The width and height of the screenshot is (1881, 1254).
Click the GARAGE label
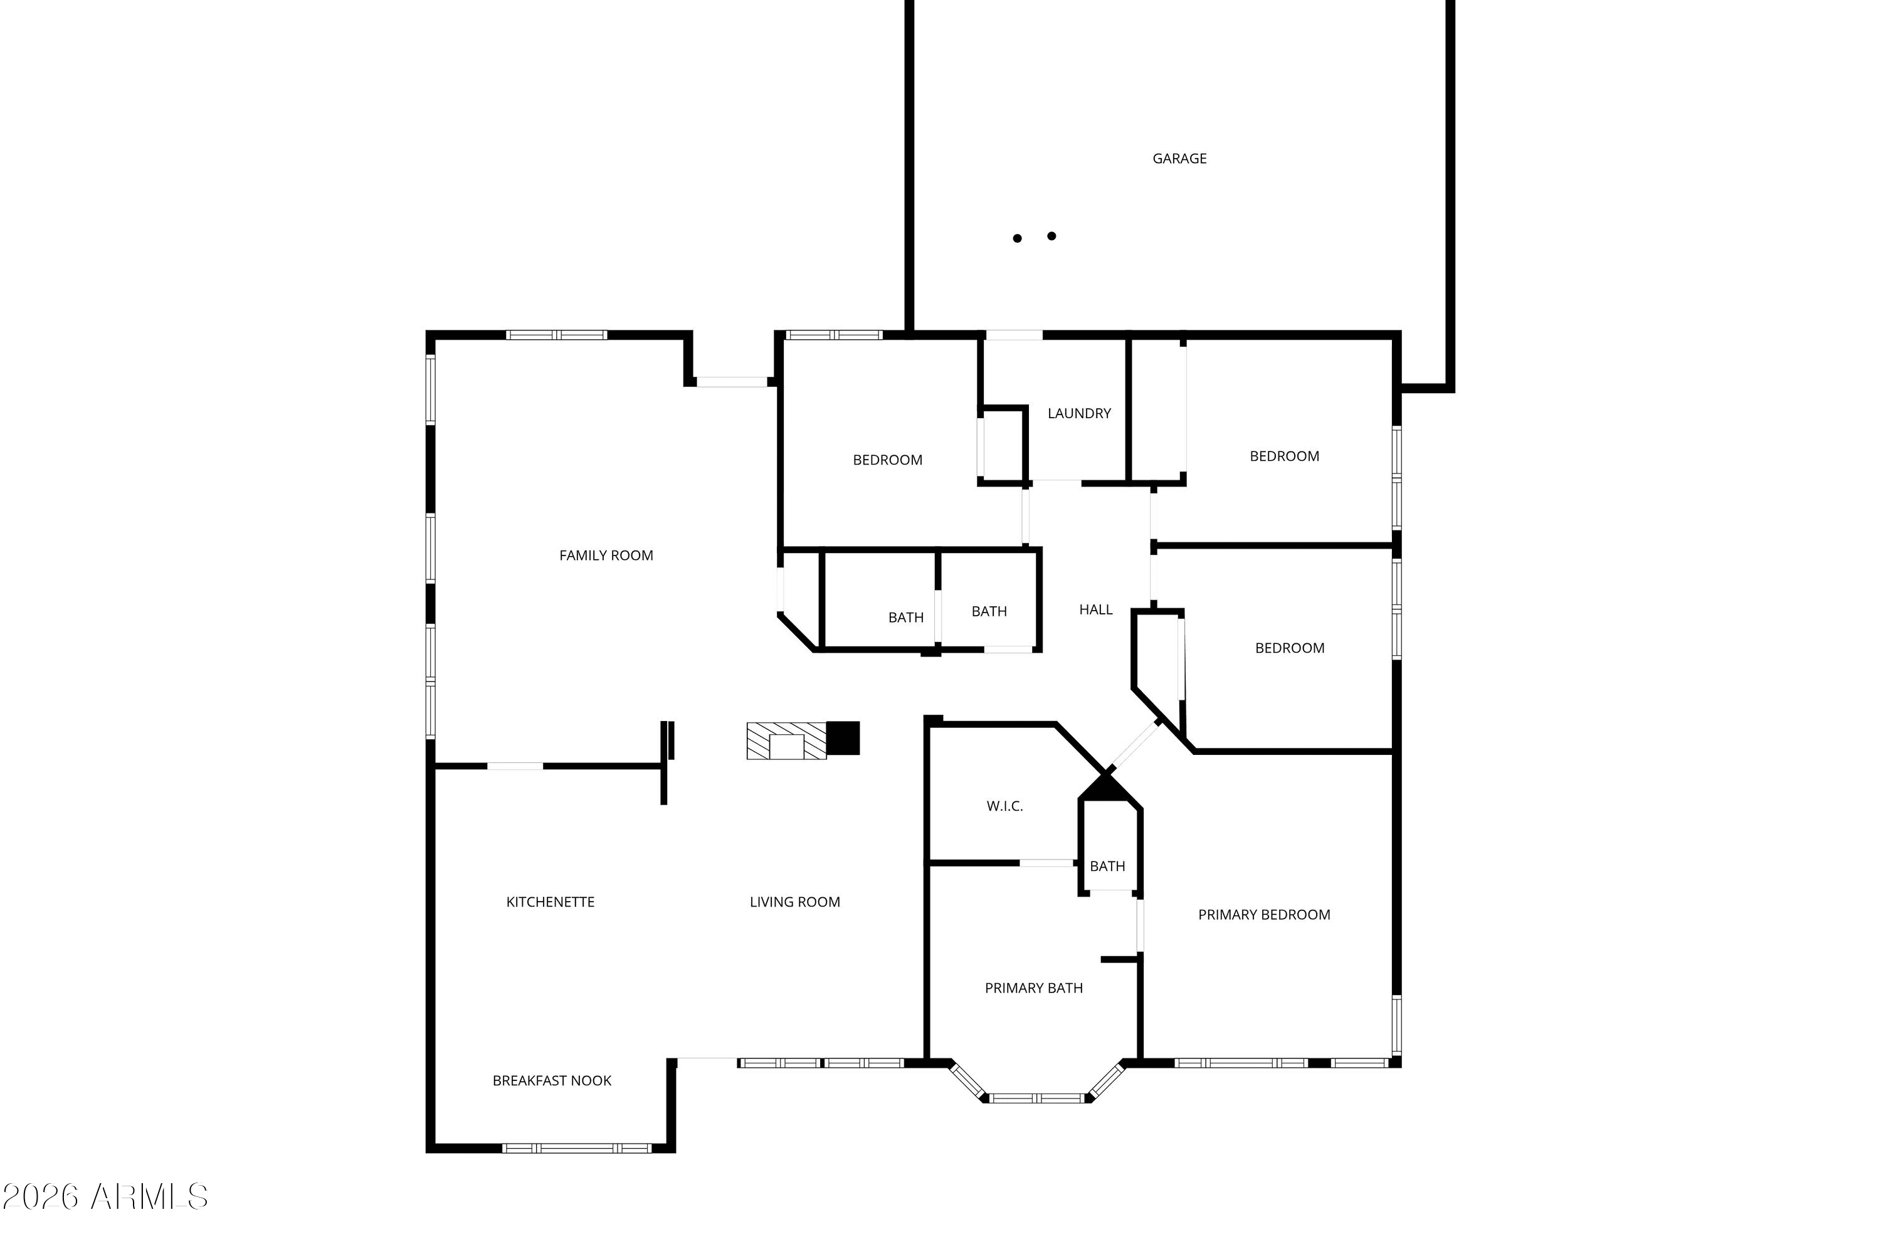(1179, 159)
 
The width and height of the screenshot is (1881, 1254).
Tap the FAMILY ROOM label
(606, 555)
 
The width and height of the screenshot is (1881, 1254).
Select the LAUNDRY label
(1080, 413)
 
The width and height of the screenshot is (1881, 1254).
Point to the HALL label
(1095, 609)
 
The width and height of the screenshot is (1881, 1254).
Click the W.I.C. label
(1004, 806)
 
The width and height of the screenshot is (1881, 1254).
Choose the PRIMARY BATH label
(1034, 989)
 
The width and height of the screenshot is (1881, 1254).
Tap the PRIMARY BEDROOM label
(1265, 915)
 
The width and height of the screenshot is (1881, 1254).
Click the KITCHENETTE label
(551, 902)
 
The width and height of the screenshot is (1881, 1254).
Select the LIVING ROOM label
(795, 902)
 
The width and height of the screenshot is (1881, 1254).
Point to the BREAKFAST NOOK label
(552, 1081)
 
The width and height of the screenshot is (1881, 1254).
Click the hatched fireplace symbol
(786, 741)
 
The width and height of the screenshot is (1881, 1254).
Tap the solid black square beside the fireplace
(843, 738)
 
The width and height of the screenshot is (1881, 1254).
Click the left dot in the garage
(1017, 238)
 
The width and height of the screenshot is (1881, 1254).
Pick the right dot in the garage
(1051, 236)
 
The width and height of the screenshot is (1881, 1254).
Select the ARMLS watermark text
(105, 1197)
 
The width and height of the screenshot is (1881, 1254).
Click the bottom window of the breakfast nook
(577, 1149)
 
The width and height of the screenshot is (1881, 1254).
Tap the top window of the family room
(557, 335)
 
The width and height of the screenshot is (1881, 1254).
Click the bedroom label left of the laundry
(888, 460)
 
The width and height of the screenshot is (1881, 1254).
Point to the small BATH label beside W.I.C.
(1108, 866)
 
